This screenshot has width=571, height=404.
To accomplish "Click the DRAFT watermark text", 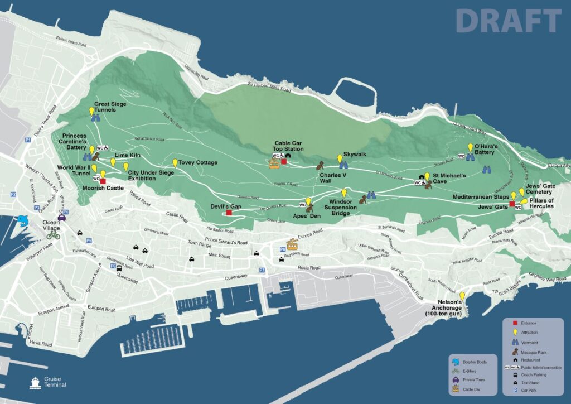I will point(508,21).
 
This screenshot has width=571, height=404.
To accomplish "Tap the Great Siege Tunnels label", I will point(110,107).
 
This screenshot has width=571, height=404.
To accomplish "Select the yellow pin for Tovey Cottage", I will point(175,163).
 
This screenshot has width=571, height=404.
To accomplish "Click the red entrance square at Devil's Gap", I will point(229,213).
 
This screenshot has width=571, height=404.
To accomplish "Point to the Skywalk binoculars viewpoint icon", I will point(343,165).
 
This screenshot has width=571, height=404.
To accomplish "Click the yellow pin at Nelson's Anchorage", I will point(462,296).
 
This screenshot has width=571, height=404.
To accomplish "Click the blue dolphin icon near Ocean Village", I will point(23,220).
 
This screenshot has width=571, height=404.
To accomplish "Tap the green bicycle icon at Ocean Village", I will point(53,235).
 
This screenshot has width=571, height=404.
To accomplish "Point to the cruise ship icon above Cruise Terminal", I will point(36,382).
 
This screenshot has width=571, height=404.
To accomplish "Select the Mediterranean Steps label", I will point(481,197).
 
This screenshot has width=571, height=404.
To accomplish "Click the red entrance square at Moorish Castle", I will point(103,181).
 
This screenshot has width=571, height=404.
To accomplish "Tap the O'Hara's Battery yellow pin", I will point(470,147).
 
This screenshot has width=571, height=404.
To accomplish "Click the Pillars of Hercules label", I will point(541,203).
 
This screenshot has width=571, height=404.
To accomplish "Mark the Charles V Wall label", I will point(333,178).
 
